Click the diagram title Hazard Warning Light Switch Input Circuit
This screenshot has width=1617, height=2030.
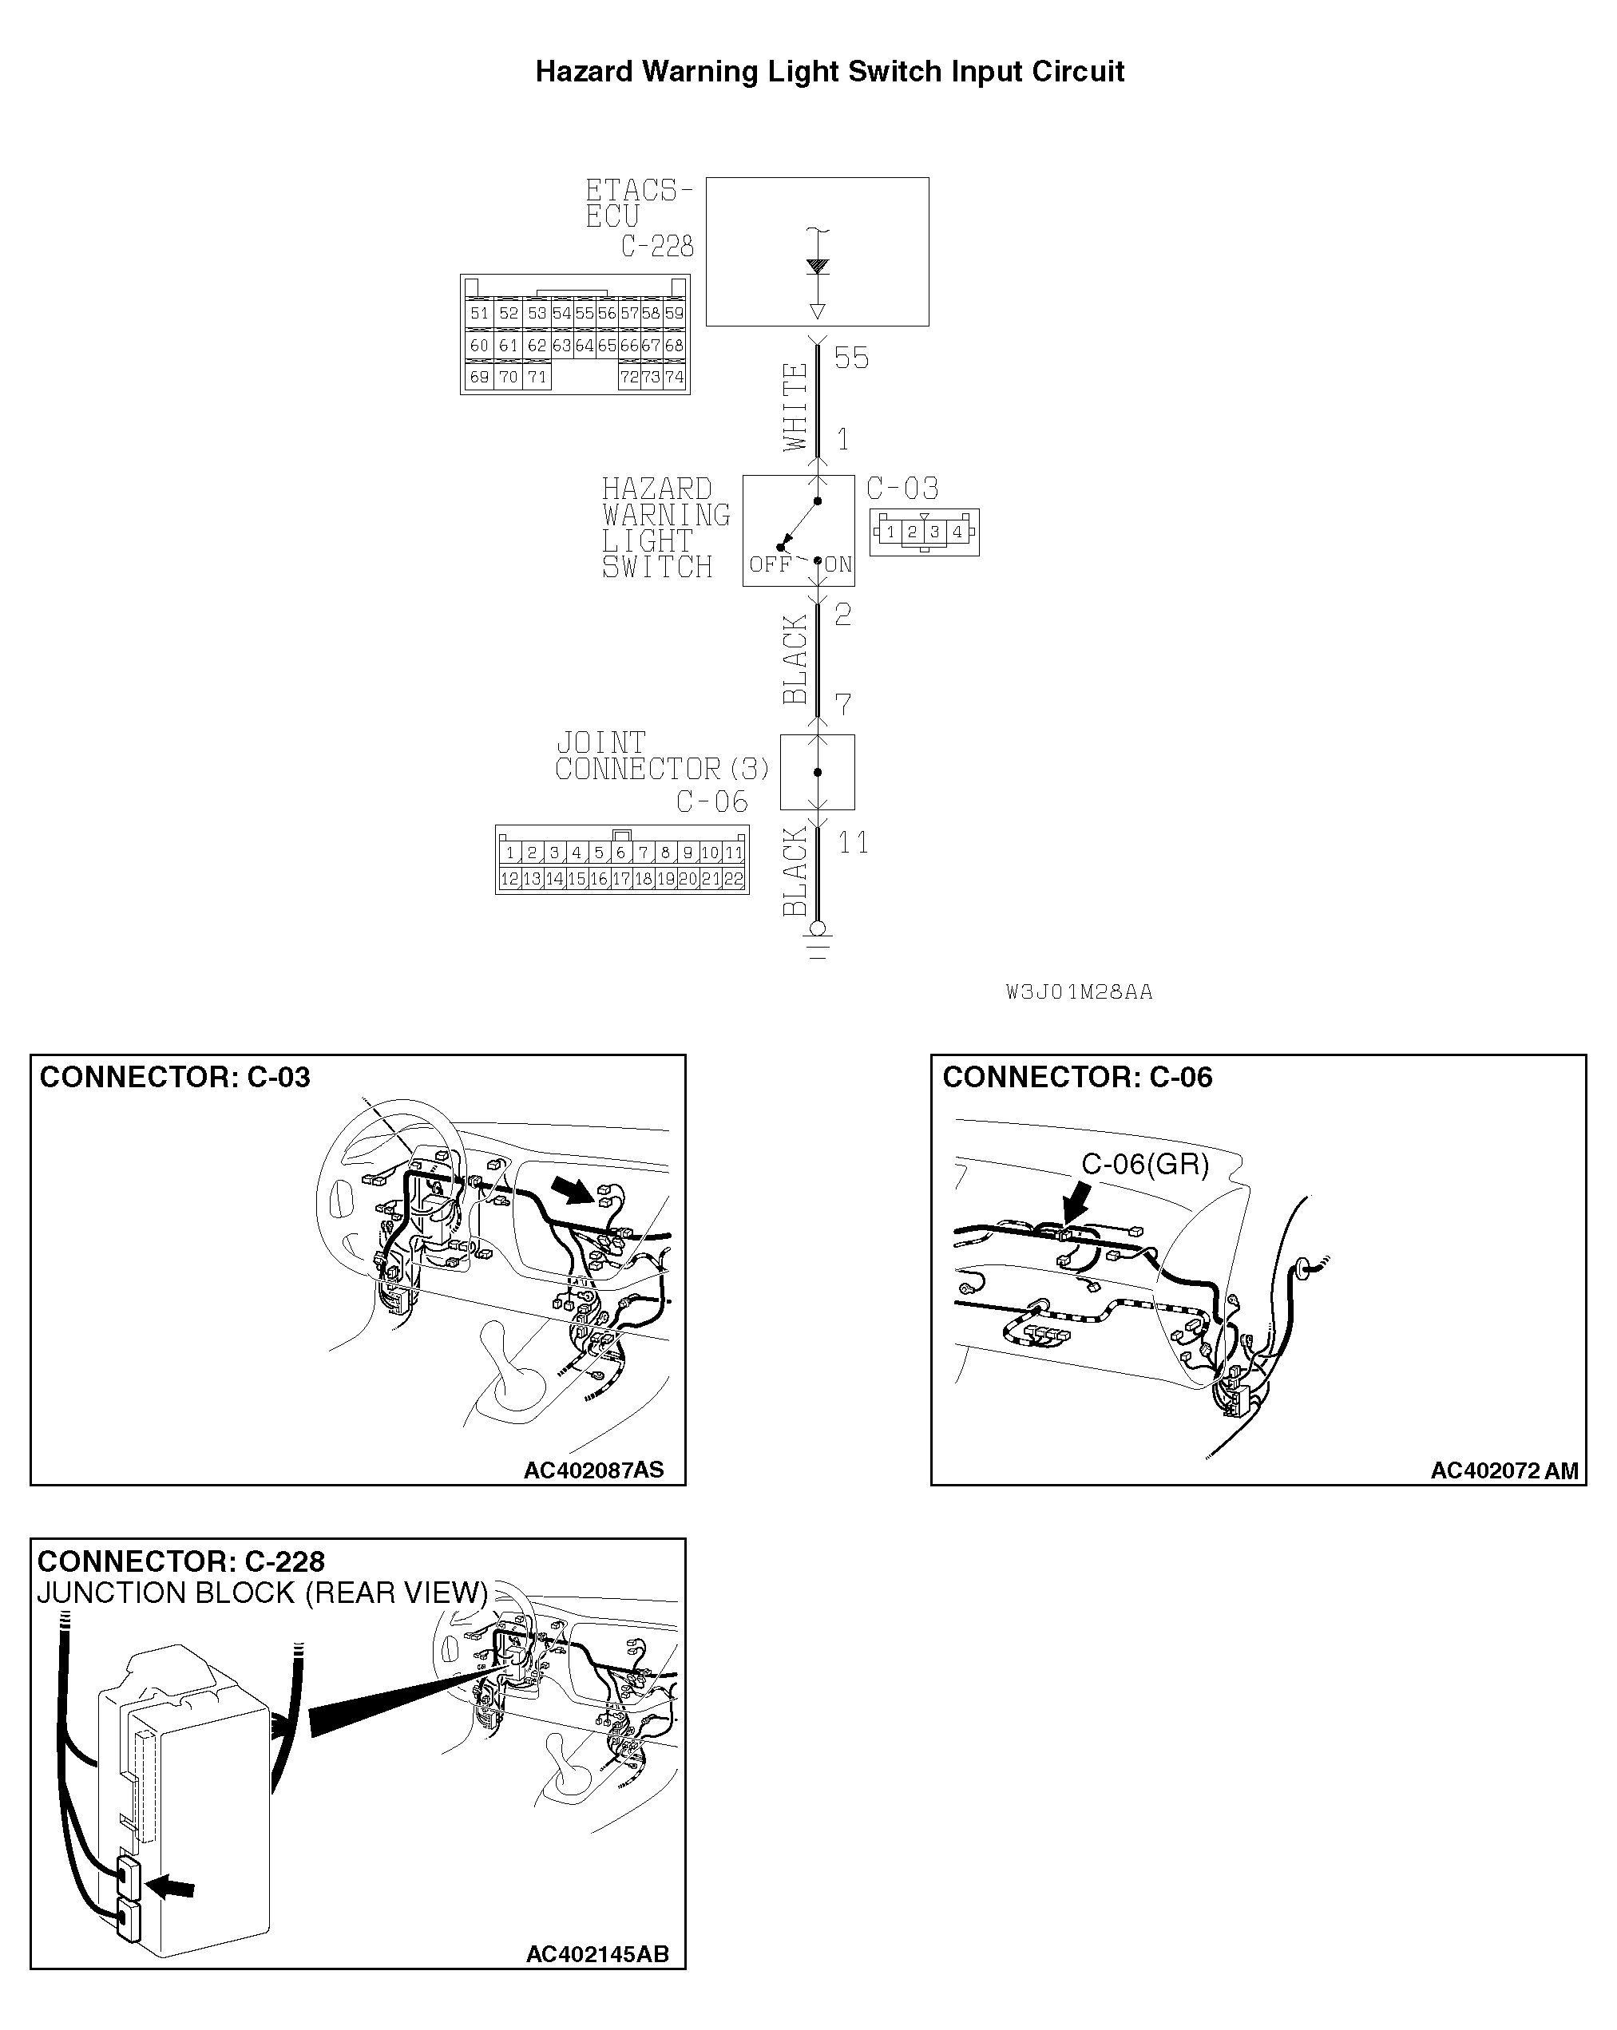[829, 72]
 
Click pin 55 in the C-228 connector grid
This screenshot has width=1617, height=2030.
[584, 314]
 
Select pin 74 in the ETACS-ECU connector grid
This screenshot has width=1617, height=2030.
[674, 378]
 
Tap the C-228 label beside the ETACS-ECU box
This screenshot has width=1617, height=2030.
[656, 247]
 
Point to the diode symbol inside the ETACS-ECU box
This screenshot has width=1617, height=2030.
[818, 267]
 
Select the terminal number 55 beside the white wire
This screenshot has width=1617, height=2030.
[851, 358]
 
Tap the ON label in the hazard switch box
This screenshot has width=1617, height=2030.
[838, 565]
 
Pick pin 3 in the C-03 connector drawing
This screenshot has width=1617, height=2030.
[934, 532]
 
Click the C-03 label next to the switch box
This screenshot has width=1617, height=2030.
[902, 489]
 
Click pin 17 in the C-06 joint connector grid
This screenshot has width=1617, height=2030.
[620, 880]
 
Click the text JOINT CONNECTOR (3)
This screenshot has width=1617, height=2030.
[661, 757]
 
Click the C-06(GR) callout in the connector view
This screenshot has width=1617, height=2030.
[1144, 1165]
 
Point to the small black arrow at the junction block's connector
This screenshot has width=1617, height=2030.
[172, 1886]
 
